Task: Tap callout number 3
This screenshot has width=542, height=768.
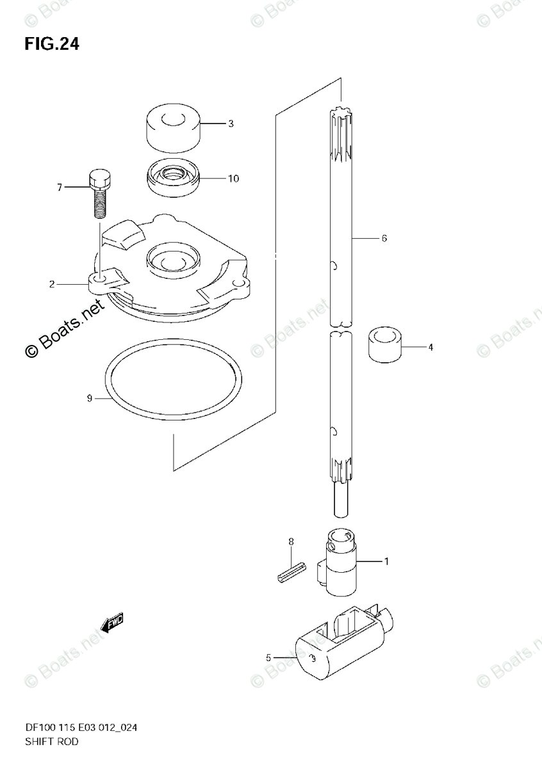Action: [x=213, y=124]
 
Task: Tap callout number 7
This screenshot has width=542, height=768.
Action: [x=59, y=188]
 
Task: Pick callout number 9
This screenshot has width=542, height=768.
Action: [x=90, y=399]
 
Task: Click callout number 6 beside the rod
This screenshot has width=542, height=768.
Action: [x=384, y=239]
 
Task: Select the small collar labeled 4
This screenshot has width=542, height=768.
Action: [x=384, y=346]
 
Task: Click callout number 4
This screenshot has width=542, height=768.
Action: [x=431, y=348]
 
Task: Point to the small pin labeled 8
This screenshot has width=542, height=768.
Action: [x=287, y=571]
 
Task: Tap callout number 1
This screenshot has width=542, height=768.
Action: [x=386, y=562]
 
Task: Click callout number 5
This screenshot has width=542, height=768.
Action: [x=268, y=657]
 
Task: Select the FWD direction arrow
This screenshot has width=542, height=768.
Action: [x=111, y=622]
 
